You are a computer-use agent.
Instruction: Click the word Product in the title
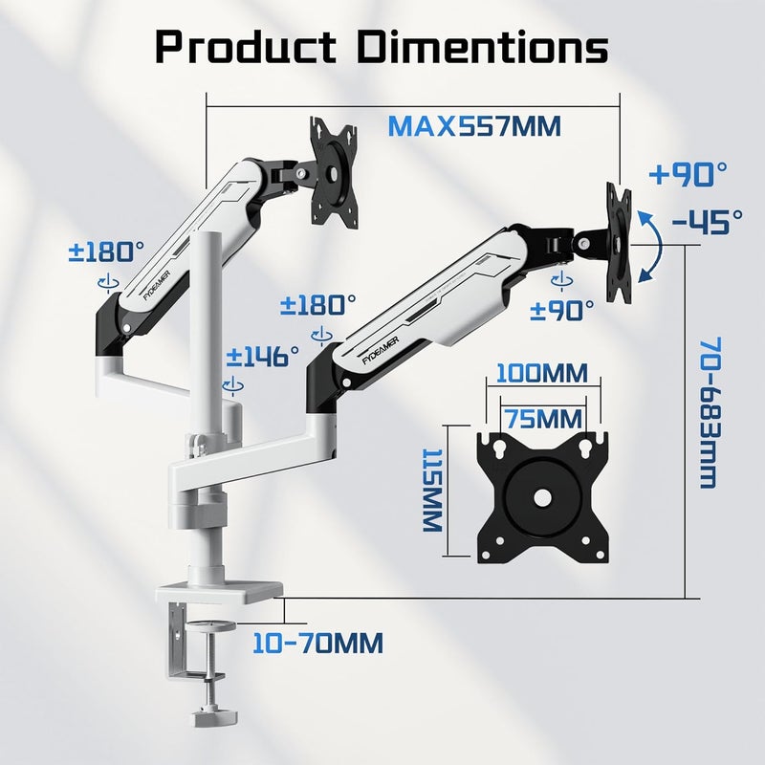(x=246, y=47)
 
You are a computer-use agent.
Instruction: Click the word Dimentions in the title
(x=483, y=47)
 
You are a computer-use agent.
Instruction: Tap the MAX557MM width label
(x=474, y=126)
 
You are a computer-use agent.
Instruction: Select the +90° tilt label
(x=688, y=174)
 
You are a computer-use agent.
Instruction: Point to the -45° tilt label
(x=707, y=222)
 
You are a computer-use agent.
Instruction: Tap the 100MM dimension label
(x=542, y=374)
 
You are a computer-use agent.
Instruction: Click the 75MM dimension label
(x=542, y=419)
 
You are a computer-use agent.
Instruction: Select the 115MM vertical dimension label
(x=432, y=490)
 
